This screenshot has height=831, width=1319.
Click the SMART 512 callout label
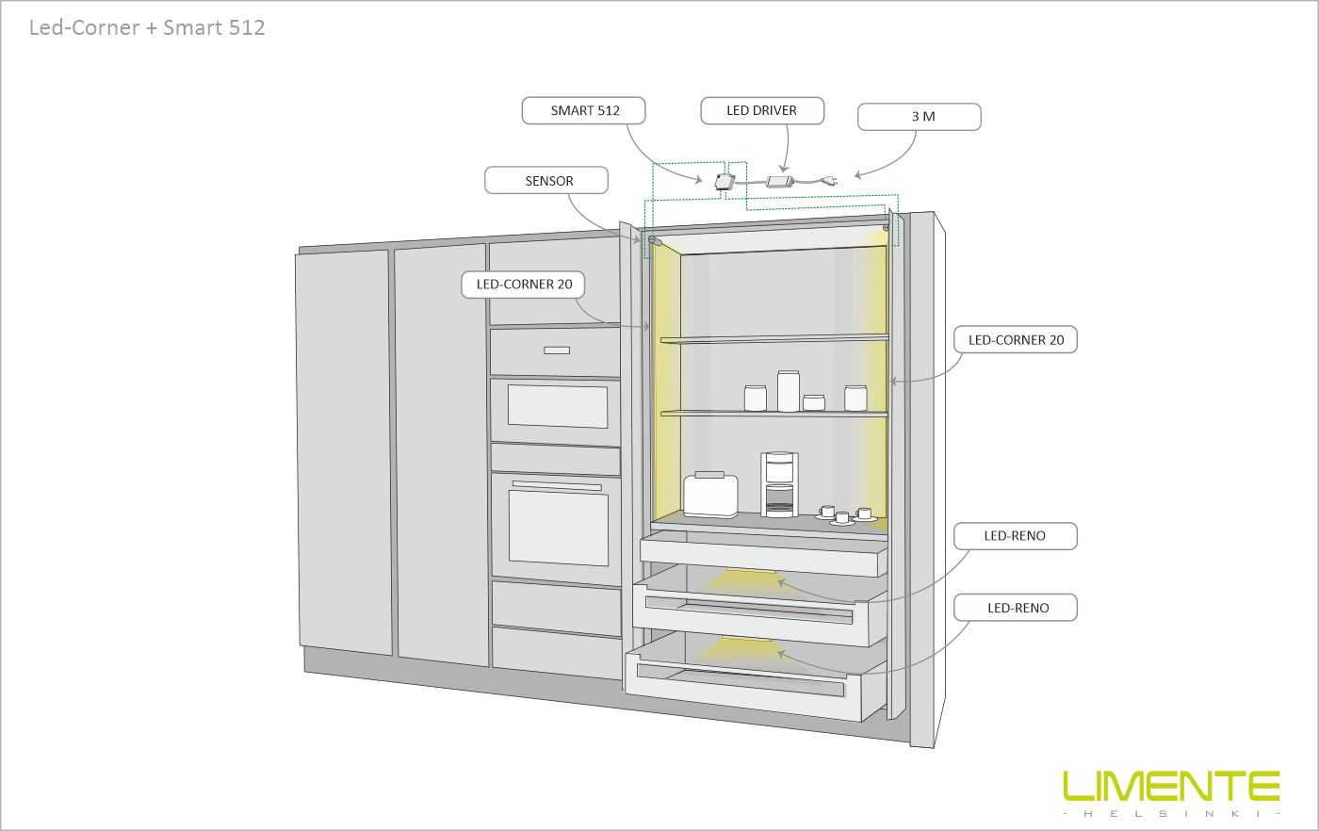tap(584, 111)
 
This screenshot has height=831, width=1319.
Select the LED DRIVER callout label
tap(761, 111)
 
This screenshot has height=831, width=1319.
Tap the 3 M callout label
tap(919, 117)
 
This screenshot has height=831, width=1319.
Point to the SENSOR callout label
tap(547, 181)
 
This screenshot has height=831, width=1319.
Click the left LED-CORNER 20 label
tap(524, 285)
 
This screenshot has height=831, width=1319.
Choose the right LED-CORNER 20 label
tap(1015, 340)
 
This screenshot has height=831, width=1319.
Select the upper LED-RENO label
tap(1015, 536)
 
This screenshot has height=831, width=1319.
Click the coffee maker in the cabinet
tap(779, 484)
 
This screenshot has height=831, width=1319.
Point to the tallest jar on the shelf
tap(788, 391)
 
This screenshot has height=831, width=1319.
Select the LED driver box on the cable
tap(780, 179)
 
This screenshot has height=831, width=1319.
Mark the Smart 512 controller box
tap(725, 181)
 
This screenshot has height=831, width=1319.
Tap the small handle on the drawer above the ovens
tap(557, 351)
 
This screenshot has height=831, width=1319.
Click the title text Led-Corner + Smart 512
tap(147, 27)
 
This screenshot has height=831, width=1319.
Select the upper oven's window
tap(557, 406)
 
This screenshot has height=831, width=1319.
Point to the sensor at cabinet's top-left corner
tap(653, 242)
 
